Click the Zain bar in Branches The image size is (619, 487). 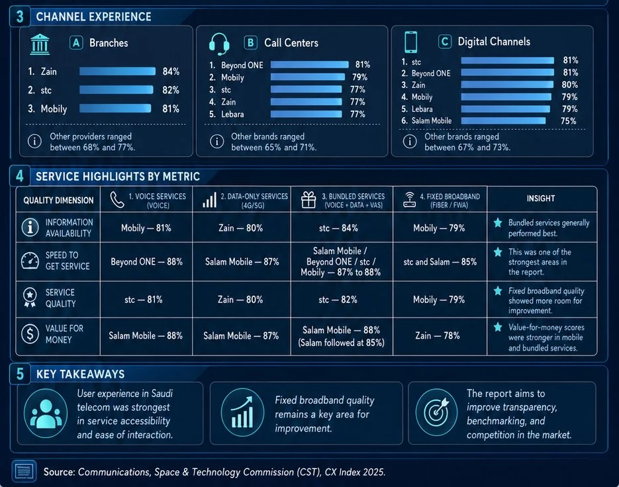tap(117, 71)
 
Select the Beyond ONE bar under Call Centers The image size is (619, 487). tap(310, 64)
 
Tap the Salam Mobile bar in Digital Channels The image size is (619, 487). tap(503, 121)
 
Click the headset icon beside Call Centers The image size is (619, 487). tap(219, 44)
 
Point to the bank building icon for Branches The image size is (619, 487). tap(40, 44)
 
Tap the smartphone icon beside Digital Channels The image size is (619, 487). tap(410, 42)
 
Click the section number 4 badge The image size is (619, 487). tap(20, 176)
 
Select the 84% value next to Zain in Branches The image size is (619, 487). tap(171, 71)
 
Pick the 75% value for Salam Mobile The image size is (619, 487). tap(569, 121)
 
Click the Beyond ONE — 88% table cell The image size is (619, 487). tap(146, 261)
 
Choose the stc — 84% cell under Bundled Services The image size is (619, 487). tap(338, 228)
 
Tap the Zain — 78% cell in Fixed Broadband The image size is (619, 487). tap(438, 335)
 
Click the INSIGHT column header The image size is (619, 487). tap(541, 199)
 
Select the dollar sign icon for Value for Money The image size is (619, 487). tap(30, 334)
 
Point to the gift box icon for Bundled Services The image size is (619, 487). tap(309, 200)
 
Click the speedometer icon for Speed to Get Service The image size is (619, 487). tap(30, 261)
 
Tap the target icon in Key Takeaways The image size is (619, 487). tap(436, 412)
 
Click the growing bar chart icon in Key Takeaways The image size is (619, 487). tap(242, 412)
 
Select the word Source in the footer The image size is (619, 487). tap(59, 472)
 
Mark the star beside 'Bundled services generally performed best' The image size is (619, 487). tap(498, 222)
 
